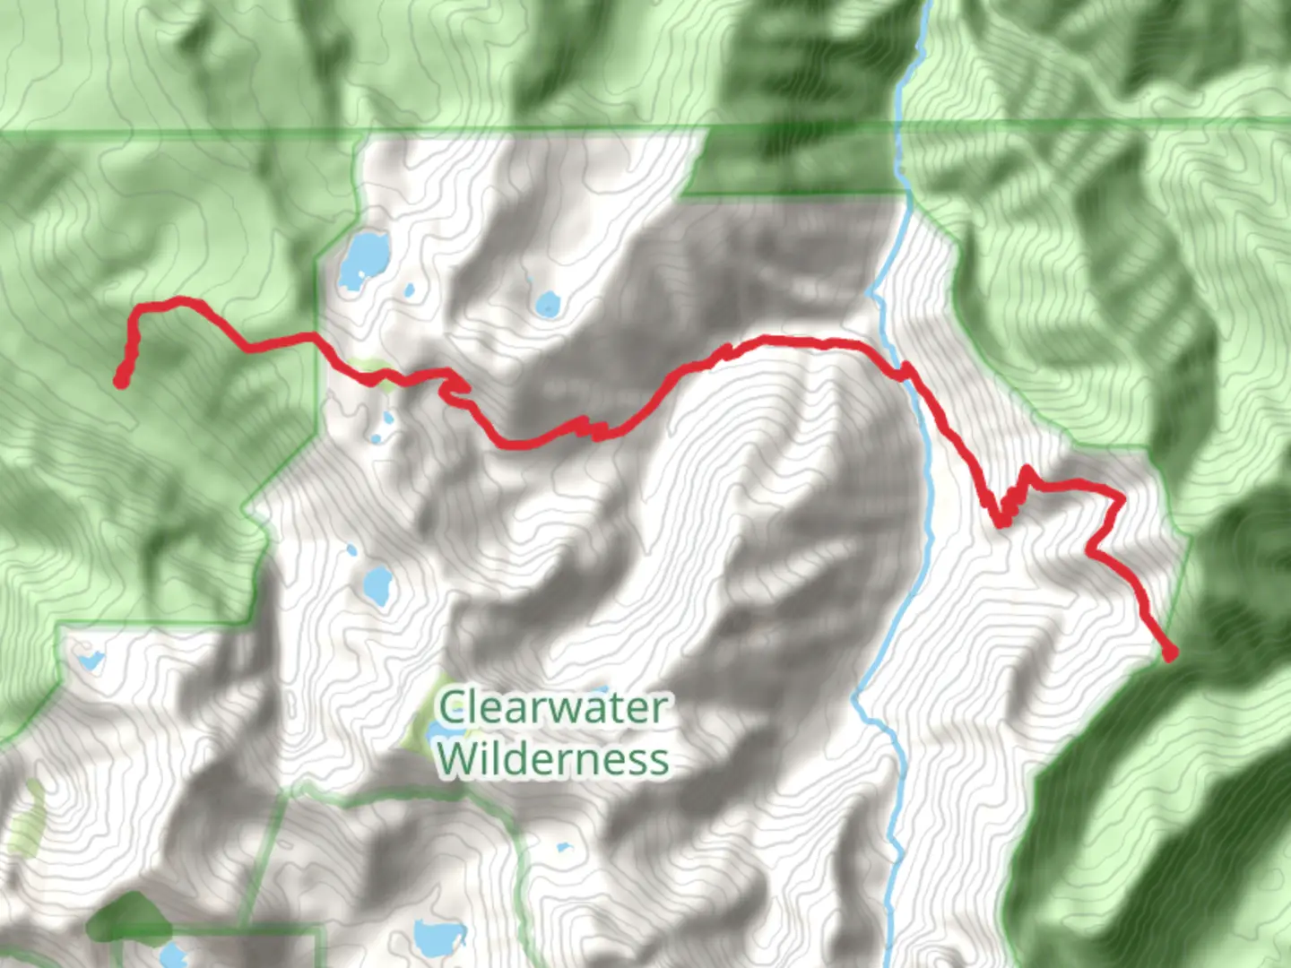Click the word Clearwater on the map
pos(552,708)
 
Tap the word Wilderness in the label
pos(552,758)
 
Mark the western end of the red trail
pos(120,381)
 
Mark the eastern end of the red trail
pos(1169,654)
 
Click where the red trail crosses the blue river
pos(907,371)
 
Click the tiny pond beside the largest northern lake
pos(409,290)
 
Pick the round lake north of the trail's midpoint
pos(547,305)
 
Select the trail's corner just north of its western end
pos(138,310)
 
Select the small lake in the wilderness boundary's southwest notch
pos(90,661)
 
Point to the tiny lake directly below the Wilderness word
pos(563,846)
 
